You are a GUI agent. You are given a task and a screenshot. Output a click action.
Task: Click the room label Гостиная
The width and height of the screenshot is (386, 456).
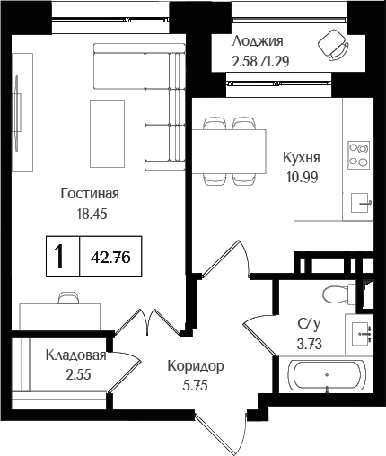tap(90, 194)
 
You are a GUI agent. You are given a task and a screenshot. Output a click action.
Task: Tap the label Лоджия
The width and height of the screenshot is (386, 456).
tap(257, 41)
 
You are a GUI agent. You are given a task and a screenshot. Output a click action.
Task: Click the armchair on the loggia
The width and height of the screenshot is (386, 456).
tap(332, 45)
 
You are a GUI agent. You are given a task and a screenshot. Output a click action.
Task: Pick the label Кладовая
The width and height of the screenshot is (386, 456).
tap(76, 355)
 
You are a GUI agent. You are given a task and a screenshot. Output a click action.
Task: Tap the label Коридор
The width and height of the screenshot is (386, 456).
tap(195, 366)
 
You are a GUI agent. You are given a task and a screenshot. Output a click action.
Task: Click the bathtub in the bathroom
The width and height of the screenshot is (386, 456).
tap(325, 377)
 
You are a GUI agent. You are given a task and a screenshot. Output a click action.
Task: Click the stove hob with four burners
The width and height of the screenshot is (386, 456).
tap(359, 154)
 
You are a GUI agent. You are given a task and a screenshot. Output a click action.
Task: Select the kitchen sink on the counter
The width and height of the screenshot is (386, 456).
tap(360, 202)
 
